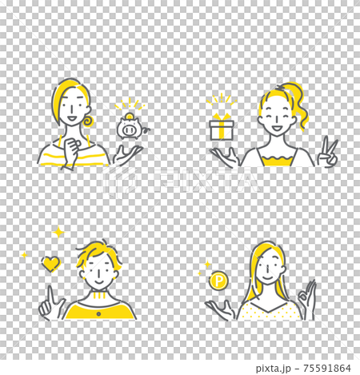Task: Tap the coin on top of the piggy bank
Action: point(129,116)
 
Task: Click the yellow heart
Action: point(51,264)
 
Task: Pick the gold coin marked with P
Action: point(218,281)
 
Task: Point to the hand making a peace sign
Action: point(328,152)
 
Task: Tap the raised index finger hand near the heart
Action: point(51,304)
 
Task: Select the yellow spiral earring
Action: point(87,122)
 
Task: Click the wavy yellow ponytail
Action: point(298,106)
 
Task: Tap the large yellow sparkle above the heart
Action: point(58,233)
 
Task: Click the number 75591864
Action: point(327,368)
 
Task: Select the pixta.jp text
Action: point(274,369)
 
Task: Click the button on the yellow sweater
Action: point(98,314)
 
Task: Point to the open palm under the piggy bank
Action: point(127,154)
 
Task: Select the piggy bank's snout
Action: point(129,130)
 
